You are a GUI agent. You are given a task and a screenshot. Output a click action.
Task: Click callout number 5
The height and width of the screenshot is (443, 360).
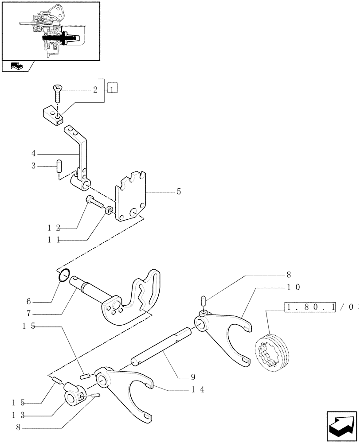coord(179,192)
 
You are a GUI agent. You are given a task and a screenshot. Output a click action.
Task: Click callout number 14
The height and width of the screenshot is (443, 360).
coord(197,390)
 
